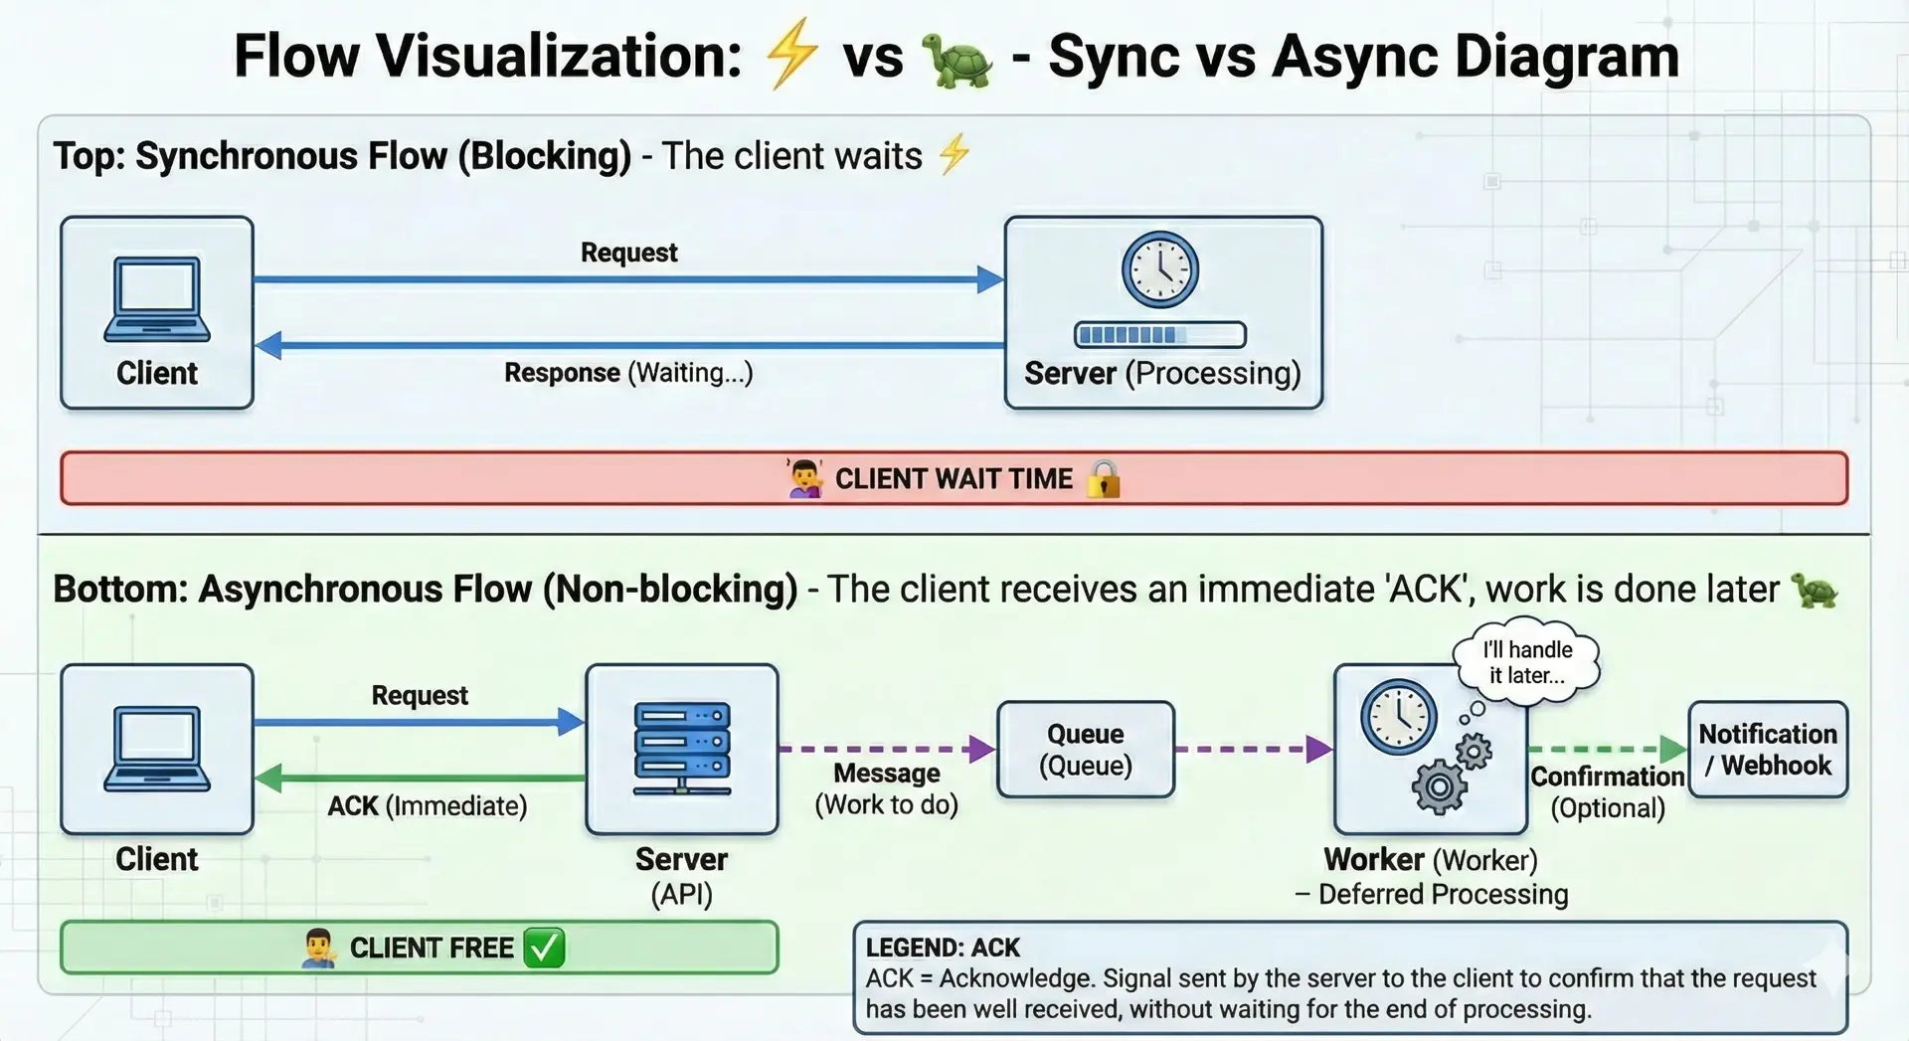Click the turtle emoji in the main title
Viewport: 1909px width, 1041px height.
(x=956, y=60)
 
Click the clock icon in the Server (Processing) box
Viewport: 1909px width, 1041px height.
(x=1160, y=269)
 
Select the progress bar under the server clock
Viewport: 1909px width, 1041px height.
(x=1160, y=335)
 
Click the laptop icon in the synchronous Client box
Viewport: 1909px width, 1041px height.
(x=157, y=299)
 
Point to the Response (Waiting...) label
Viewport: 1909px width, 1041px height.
(x=628, y=373)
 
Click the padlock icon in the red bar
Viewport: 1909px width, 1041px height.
(x=1104, y=479)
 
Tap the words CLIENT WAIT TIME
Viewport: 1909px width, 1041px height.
(x=954, y=479)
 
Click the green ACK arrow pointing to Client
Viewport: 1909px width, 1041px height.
(x=418, y=778)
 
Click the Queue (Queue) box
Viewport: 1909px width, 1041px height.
(x=1086, y=750)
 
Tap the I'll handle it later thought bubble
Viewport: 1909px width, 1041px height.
(x=1527, y=663)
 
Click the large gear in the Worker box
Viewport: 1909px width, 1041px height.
(x=1439, y=787)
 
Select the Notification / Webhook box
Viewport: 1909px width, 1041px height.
(x=1768, y=750)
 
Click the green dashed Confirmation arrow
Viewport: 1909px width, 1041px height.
(x=1606, y=749)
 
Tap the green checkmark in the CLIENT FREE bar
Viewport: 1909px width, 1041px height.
(x=544, y=948)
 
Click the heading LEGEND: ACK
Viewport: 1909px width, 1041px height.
(x=943, y=948)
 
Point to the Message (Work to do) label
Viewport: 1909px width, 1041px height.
(x=886, y=788)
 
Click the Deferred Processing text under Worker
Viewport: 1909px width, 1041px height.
(x=1442, y=895)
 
